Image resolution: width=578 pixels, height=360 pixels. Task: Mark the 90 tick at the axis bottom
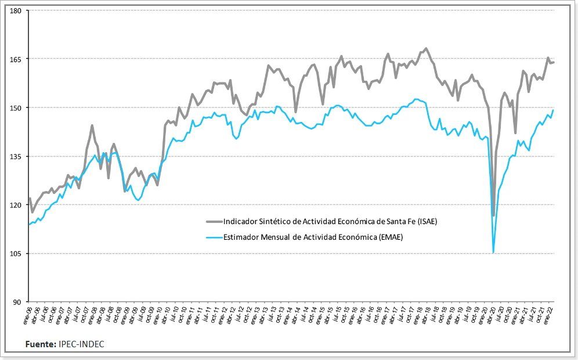pyautogui.click(x=17, y=303)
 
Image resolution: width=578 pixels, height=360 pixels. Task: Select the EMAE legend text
pyautogui.click(x=313, y=236)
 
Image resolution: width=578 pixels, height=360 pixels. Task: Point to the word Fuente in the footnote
pyautogui.click(x=40, y=344)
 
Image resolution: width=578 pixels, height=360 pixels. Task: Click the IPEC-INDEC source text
pyautogui.click(x=81, y=344)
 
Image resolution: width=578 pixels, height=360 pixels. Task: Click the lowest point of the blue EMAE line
pyautogui.click(x=493, y=253)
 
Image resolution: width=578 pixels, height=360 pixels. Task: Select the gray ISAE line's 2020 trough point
pyautogui.click(x=494, y=216)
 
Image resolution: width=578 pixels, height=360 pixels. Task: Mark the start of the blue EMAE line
pyautogui.click(x=28, y=225)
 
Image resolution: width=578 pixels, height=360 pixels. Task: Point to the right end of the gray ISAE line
pyautogui.click(x=554, y=62)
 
